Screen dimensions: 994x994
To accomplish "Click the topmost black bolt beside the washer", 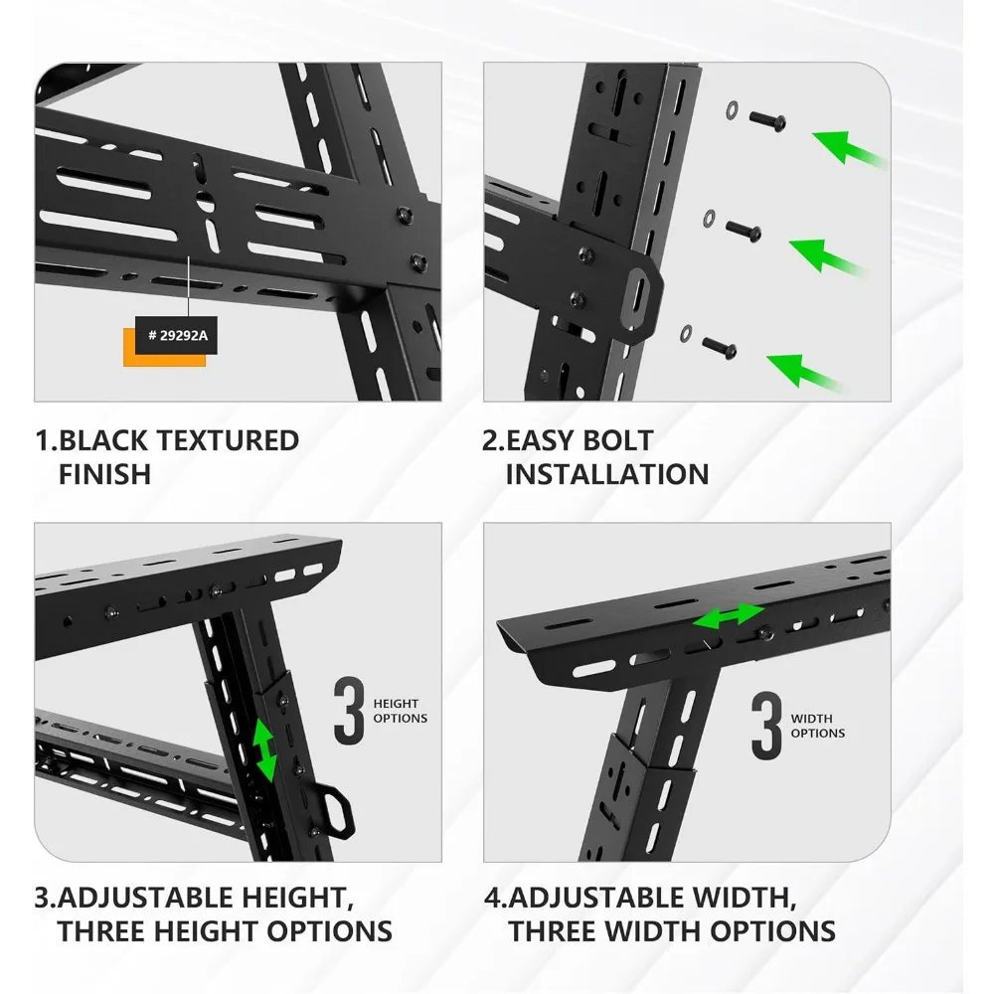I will point(767,120).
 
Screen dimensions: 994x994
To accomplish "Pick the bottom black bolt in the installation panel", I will point(720,348).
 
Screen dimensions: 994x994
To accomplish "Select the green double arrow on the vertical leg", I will point(264,751).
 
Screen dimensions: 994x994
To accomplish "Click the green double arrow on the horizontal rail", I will point(729,617).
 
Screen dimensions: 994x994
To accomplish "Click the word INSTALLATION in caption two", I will point(606,474).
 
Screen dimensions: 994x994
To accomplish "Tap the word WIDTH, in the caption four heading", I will point(737,898).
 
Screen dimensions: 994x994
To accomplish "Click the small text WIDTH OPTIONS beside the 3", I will point(817,726).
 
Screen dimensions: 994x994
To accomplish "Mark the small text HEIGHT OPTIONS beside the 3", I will point(400,711).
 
